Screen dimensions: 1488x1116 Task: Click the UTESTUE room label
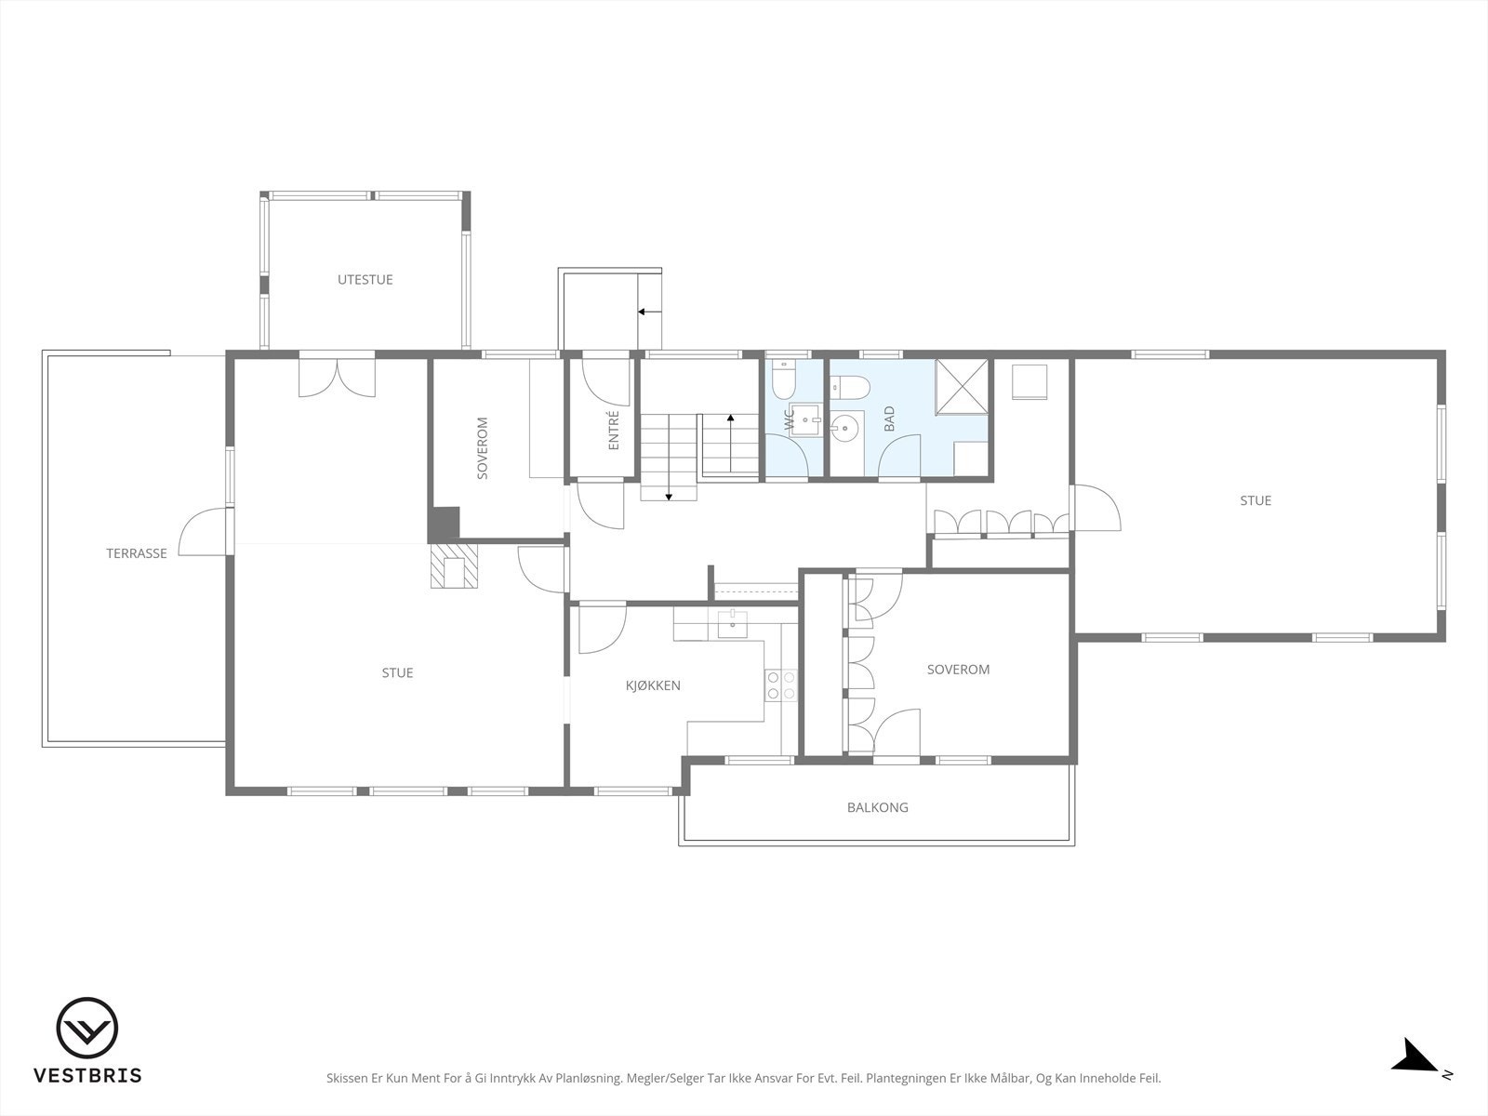[x=365, y=279]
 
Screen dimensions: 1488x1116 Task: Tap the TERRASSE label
[x=137, y=553]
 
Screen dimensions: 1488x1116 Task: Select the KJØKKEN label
[x=653, y=685]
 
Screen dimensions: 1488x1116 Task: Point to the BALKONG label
[x=877, y=807]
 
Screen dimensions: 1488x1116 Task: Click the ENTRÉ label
[x=614, y=430]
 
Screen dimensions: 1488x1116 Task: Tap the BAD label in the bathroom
[x=889, y=418]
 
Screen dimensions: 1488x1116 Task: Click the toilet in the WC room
[x=784, y=380]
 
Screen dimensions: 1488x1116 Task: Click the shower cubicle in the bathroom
[x=962, y=386]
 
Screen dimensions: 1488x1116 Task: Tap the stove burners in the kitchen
[x=781, y=685]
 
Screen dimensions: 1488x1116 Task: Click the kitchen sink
[x=732, y=624]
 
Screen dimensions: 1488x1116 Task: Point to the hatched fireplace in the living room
[x=454, y=565]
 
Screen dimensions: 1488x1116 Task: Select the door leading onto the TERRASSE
[x=204, y=532]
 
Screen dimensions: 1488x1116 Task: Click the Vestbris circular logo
[x=86, y=1028]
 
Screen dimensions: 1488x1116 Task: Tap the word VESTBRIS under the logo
[x=87, y=1075]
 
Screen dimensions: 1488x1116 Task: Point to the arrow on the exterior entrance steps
[x=649, y=312]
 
